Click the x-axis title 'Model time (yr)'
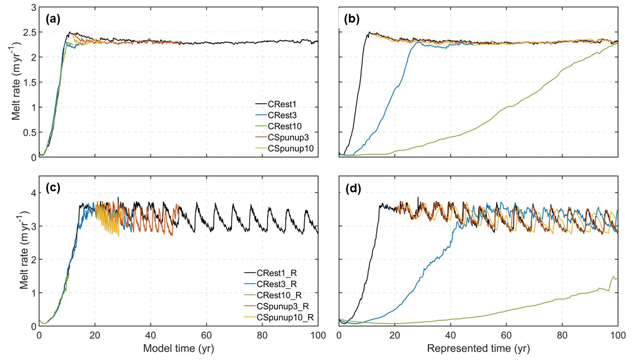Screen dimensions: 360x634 pyautogui.click(x=179, y=349)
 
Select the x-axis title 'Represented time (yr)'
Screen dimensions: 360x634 pyautogui.click(x=479, y=349)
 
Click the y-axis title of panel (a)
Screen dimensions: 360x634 pyautogui.click(x=16, y=83)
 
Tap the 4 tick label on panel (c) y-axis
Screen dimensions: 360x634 pyautogui.click(x=32, y=193)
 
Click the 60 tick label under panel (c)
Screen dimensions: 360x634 pyautogui.click(x=207, y=335)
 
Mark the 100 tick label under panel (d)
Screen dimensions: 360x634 pyautogui.click(x=618, y=335)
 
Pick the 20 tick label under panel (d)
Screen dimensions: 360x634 pyautogui.click(x=395, y=335)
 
